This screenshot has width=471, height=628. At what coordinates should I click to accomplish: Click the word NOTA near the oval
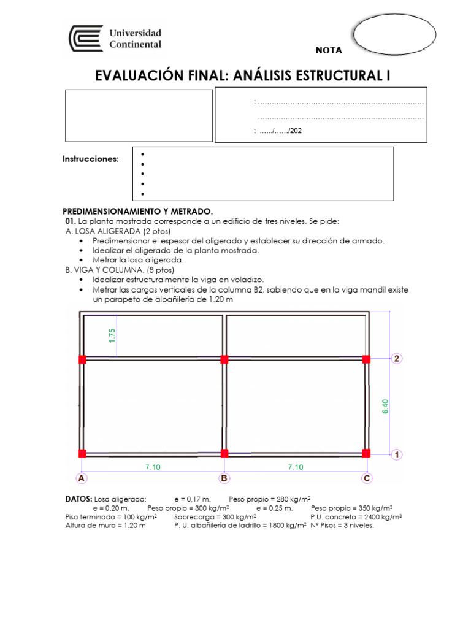[329, 50]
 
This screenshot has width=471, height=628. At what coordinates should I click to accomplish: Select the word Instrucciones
[91, 159]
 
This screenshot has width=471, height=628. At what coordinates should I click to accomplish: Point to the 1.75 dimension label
[112, 336]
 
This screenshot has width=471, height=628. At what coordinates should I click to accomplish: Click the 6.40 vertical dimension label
[385, 407]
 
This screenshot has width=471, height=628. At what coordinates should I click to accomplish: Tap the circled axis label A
[80, 478]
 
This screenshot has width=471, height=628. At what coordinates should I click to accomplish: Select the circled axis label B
[224, 478]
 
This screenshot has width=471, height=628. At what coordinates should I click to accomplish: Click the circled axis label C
[367, 478]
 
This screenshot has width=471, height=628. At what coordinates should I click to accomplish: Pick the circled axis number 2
[397, 359]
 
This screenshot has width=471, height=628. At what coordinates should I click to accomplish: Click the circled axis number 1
[397, 454]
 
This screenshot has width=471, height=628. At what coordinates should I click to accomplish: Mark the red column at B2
[224, 359]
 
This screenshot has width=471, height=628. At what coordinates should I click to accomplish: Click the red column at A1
[82, 453]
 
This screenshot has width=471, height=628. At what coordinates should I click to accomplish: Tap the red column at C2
[367, 359]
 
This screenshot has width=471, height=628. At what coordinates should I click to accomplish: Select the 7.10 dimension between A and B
[153, 467]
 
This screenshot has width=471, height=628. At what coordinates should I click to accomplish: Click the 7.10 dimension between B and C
[296, 467]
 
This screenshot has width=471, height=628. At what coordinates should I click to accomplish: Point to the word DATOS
[78, 499]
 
